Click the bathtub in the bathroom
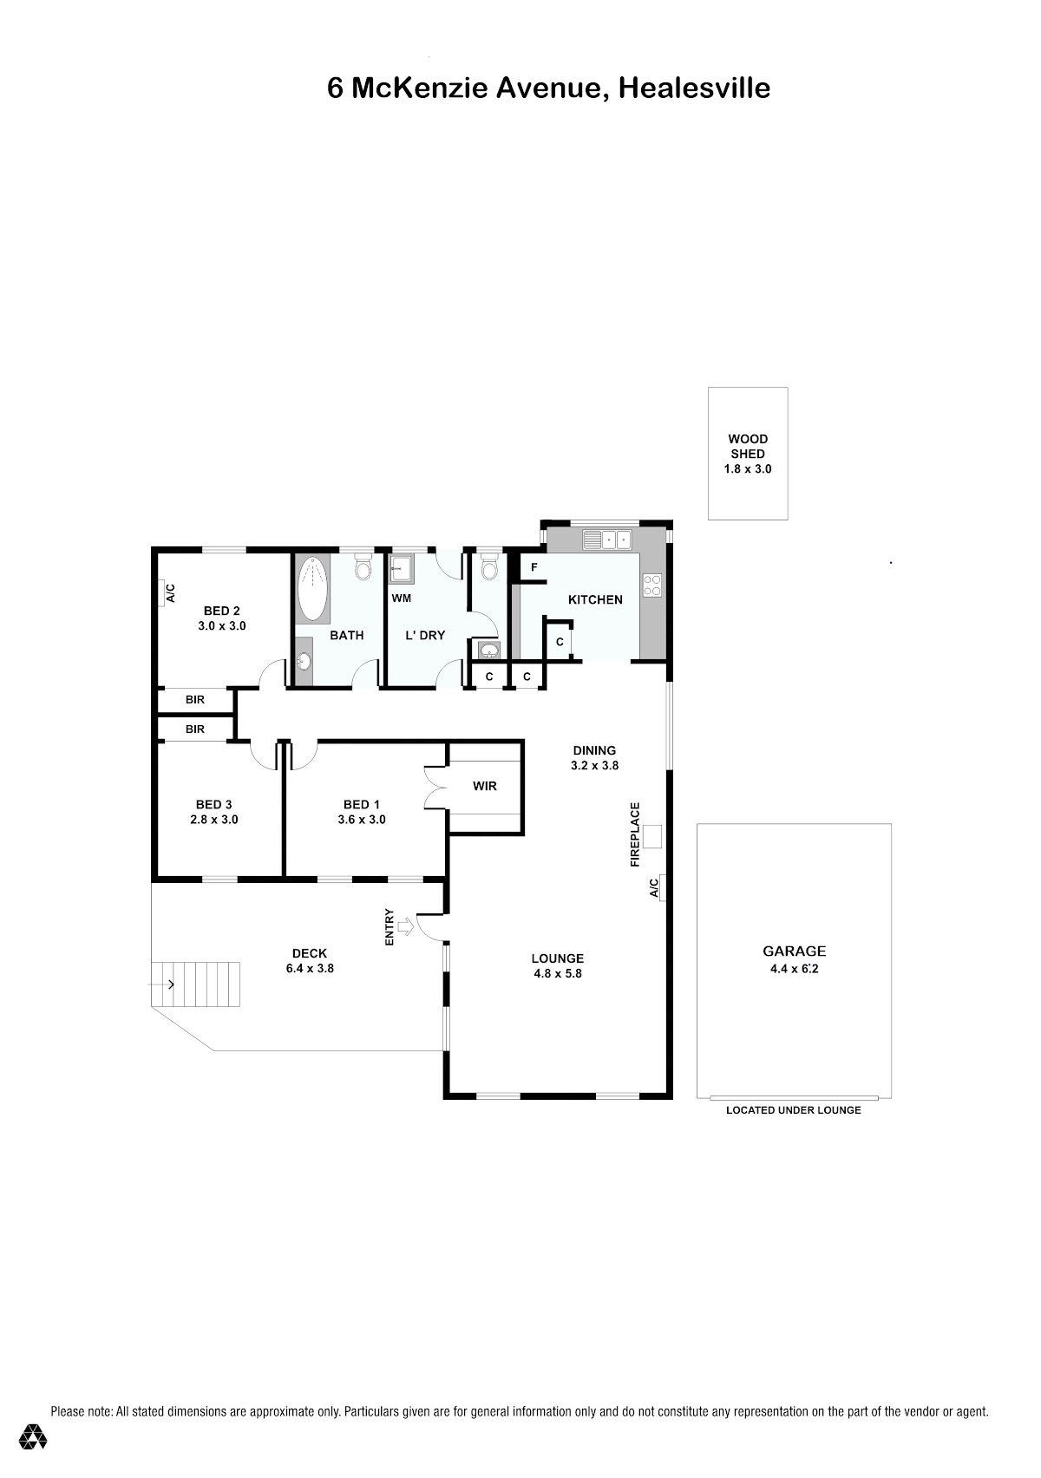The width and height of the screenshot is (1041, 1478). click(312, 588)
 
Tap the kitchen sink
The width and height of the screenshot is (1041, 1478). click(606, 540)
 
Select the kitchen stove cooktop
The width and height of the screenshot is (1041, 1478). click(652, 585)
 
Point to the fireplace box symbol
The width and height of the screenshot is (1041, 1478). click(652, 836)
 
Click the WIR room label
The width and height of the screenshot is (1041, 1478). click(485, 786)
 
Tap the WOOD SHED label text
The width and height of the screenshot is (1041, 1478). click(748, 446)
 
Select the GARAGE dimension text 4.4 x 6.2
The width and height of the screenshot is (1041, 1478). click(794, 969)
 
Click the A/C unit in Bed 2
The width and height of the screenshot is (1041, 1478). click(162, 592)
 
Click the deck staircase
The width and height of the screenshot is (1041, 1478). click(195, 984)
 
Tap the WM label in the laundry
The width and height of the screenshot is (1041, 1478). click(402, 598)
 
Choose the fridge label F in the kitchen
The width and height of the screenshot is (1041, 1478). click(534, 567)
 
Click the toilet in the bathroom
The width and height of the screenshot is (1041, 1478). click(363, 566)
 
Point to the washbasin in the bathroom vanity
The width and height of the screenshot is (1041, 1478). click(303, 660)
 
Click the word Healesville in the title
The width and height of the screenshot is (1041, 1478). click(695, 88)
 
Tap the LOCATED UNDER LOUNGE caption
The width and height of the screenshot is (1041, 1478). click(794, 1110)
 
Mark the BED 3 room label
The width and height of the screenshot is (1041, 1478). click(214, 804)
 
